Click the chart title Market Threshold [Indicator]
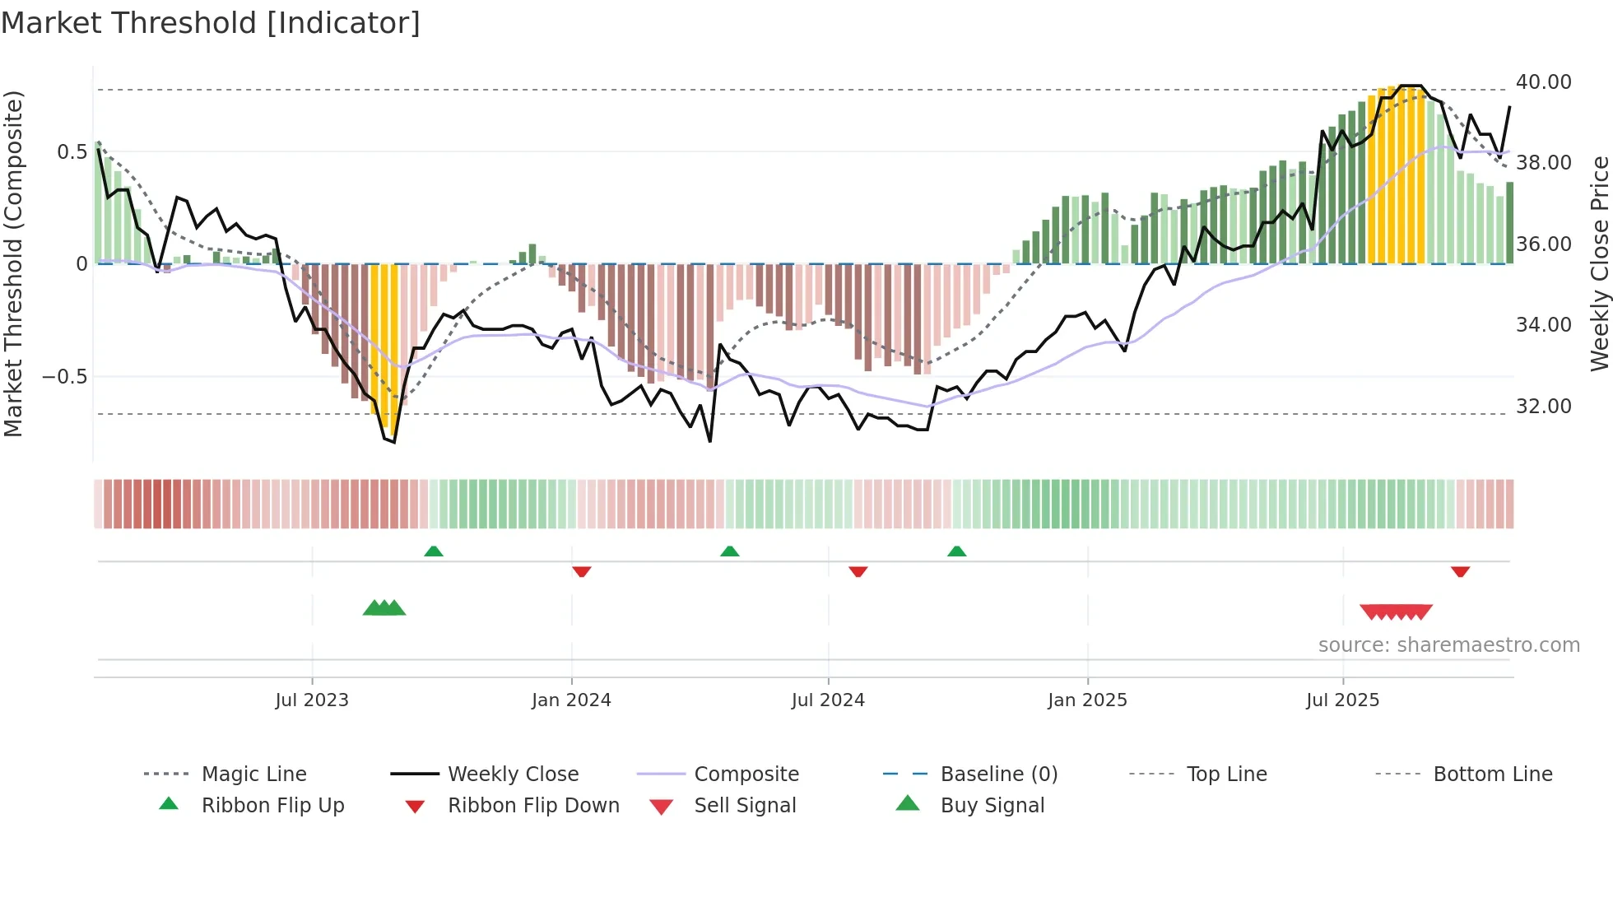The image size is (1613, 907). pos(211,23)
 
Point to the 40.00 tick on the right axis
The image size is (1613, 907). pos(1543,82)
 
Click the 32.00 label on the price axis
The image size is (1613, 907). pos(1543,407)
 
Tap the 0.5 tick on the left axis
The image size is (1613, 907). pos(72,152)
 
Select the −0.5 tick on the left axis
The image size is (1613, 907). pos(65,377)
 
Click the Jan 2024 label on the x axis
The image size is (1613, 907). pos(571,700)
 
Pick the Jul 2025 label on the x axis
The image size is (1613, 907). pos(1342,700)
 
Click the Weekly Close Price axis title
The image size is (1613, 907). pos(1599,263)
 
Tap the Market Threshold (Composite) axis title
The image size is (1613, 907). pos(13,263)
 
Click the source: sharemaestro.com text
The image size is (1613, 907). pos(1448,645)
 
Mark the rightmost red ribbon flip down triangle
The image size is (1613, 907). pos(1461,571)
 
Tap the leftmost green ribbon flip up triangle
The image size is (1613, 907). pos(434,551)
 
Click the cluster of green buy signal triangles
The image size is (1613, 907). pos(384,608)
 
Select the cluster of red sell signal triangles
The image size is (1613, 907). pos(1396,612)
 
